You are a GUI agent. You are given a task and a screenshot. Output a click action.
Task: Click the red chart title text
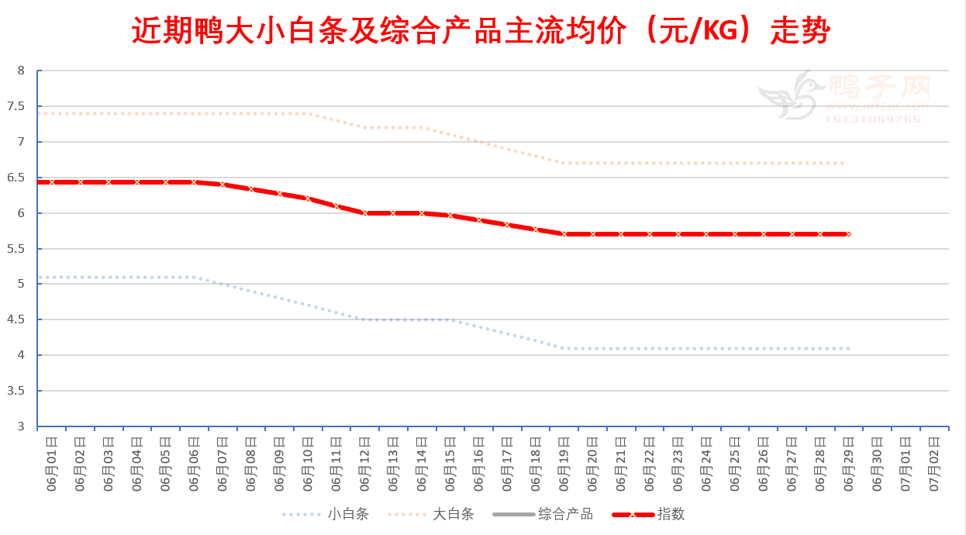pyautogui.click(x=481, y=32)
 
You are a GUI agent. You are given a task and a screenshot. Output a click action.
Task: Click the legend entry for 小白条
pyautogui.click(x=347, y=514)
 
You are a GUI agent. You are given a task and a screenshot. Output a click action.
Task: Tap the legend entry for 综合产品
pyautogui.click(x=565, y=514)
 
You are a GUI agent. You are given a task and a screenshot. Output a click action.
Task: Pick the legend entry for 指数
pyautogui.click(x=671, y=514)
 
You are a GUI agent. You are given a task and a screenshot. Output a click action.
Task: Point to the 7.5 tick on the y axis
pyautogui.click(x=20, y=106)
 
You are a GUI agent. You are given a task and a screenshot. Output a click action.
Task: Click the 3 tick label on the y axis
pyautogui.click(x=21, y=426)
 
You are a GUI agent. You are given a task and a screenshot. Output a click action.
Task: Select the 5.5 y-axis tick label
pyautogui.click(x=20, y=249)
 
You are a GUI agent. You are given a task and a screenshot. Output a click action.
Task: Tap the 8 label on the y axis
pyautogui.click(x=21, y=71)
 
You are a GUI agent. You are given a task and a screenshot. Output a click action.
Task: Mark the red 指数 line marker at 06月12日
pyautogui.click(x=365, y=212)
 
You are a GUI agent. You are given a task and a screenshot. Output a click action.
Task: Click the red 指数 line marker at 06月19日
pyautogui.click(x=564, y=233)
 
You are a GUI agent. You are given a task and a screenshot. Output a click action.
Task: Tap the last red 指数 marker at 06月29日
pyautogui.click(x=849, y=233)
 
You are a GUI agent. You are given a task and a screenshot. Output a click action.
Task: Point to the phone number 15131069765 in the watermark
pyautogui.click(x=872, y=119)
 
